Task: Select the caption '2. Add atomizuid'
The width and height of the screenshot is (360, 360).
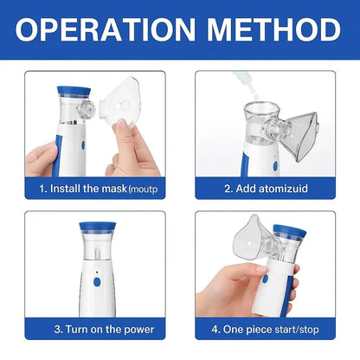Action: [266, 188]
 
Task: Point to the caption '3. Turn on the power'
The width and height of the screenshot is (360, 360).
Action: [104, 329]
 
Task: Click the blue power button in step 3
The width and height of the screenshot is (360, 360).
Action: [97, 282]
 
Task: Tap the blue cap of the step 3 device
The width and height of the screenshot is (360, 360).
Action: [96, 227]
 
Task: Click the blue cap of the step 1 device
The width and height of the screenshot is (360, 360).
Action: [70, 91]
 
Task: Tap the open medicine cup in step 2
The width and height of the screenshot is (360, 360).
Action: [253, 112]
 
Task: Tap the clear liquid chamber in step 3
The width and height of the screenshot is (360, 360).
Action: [96, 251]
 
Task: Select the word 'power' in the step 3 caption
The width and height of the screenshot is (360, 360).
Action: [138, 329]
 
